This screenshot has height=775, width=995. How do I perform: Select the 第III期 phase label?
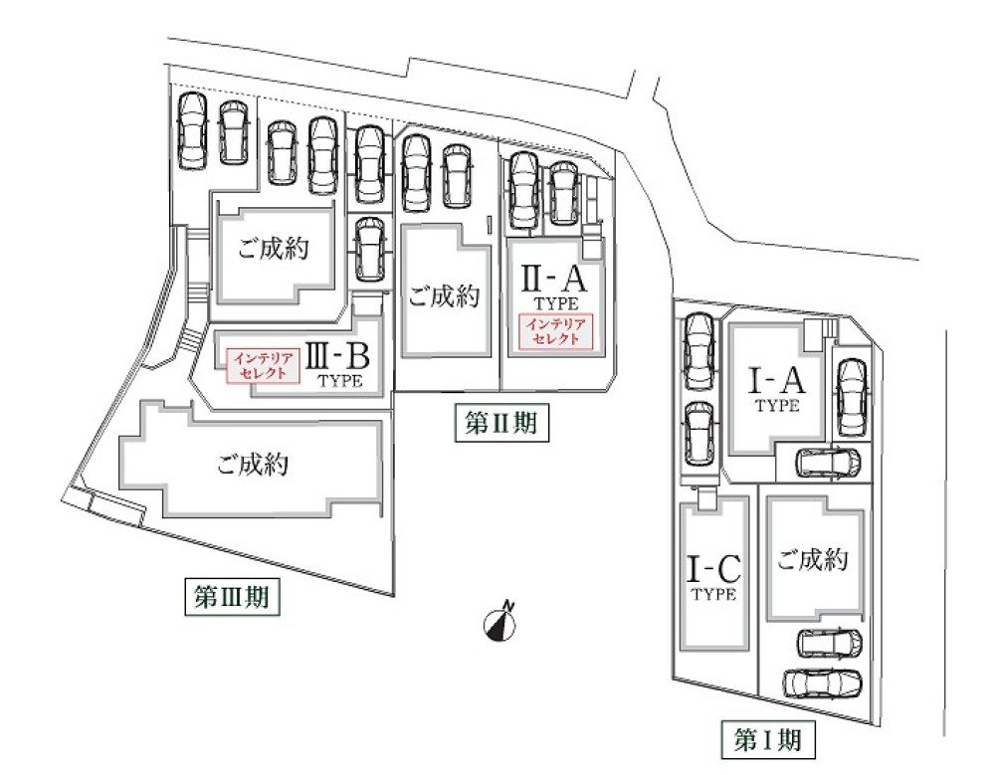pos(231,597)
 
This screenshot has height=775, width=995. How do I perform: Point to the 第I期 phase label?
pos(768,739)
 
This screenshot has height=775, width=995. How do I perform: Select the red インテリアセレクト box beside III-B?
pos(264,366)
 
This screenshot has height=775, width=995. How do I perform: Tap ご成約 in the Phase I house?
pos(813,560)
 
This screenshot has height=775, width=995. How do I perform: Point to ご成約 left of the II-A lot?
pos(444,295)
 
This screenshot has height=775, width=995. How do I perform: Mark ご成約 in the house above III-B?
pos(273,250)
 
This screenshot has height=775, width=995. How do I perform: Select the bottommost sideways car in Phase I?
pos(821,684)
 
